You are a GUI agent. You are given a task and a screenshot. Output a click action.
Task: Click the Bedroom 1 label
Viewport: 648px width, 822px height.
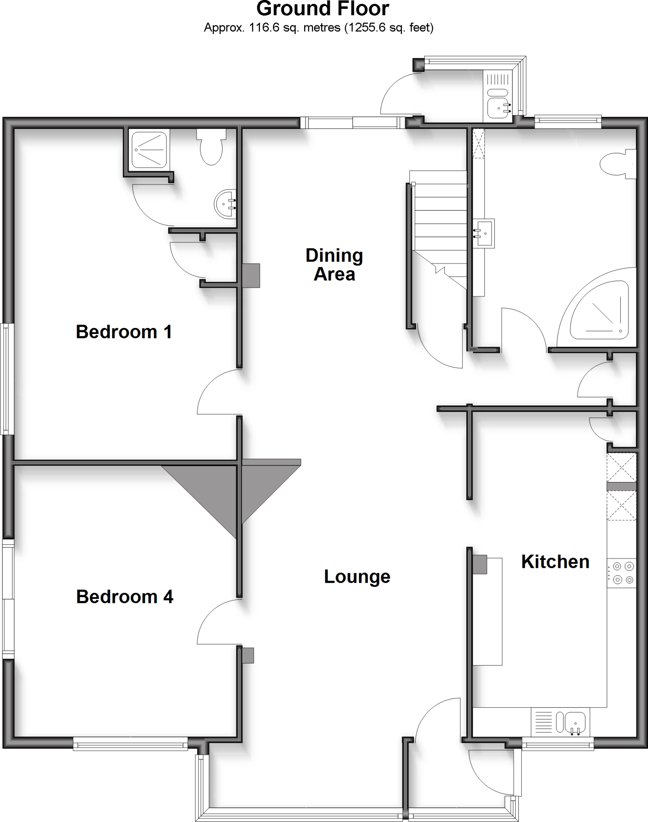(x=124, y=332)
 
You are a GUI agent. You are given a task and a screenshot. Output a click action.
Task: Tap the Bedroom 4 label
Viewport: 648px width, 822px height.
(x=124, y=597)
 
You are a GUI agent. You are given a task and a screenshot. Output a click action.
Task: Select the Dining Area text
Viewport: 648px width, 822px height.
(x=334, y=265)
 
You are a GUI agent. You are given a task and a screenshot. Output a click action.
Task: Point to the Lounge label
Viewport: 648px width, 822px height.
(x=357, y=577)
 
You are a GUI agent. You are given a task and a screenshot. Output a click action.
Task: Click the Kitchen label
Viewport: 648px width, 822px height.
(x=555, y=562)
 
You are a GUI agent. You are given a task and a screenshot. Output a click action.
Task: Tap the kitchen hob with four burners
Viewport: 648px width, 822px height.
(x=622, y=573)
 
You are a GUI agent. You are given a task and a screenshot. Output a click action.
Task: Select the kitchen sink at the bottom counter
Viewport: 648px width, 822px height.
(x=575, y=722)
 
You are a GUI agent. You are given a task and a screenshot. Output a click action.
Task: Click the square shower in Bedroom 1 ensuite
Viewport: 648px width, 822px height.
(x=149, y=149)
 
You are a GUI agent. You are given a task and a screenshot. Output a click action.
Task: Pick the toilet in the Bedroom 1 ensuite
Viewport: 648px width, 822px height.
(x=211, y=149)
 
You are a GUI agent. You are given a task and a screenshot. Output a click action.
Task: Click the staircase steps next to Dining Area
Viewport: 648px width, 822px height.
(x=441, y=225)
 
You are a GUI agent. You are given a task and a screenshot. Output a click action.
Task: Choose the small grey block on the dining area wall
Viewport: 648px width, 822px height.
(x=251, y=275)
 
